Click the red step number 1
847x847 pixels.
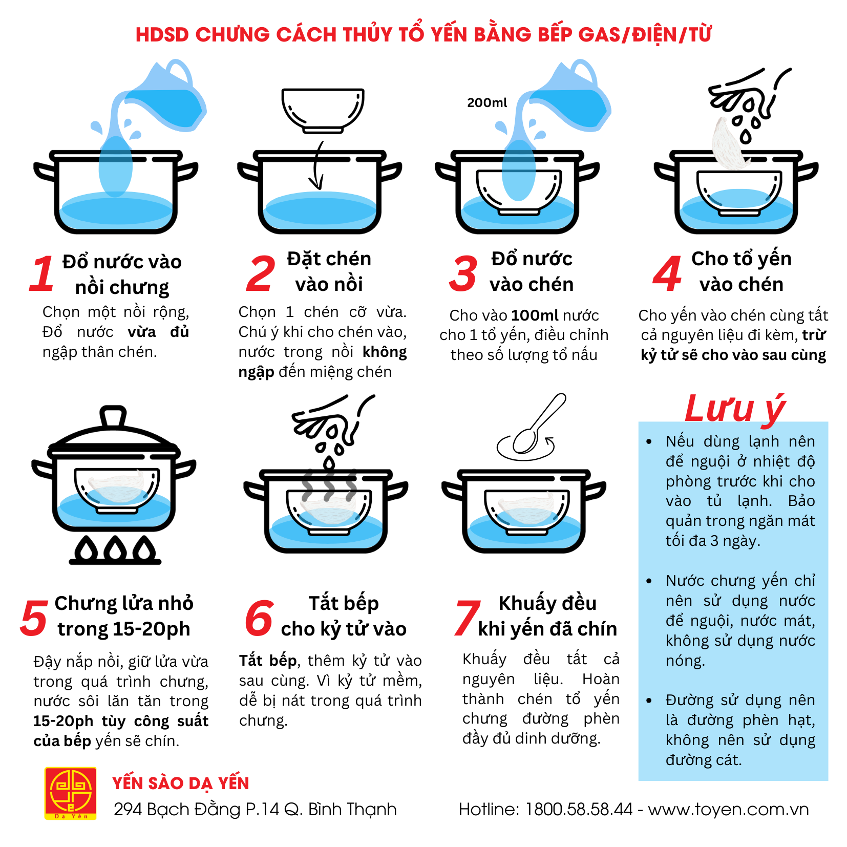tap(42, 273)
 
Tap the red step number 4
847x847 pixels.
tap(667, 273)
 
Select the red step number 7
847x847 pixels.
tap(467, 618)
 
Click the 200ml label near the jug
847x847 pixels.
tap(487, 102)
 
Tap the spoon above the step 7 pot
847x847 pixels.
tap(538, 425)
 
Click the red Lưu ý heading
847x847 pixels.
tap(734, 409)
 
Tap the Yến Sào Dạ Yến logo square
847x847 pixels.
tap(71, 793)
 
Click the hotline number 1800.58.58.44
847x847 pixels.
tap(579, 809)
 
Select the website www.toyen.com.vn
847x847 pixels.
tap(728, 809)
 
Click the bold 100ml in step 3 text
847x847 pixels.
tap(535, 315)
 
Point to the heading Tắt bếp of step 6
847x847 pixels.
tap(344, 603)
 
